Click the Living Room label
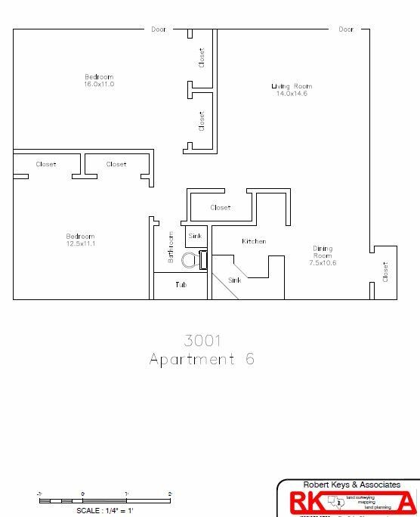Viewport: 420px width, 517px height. tap(292, 86)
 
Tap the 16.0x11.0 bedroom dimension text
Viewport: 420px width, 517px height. tap(98, 85)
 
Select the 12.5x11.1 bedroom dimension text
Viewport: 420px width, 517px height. tap(80, 244)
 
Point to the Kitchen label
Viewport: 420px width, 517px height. tap(254, 242)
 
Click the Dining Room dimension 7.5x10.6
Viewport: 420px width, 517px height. tap(323, 263)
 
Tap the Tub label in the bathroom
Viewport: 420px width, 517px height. tap(181, 285)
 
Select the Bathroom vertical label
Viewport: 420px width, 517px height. tap(171, 248)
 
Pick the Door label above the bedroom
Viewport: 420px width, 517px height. tap(158, 29)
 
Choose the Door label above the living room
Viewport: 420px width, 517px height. tap(346, 29)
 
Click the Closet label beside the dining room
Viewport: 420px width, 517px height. tap(385, 272)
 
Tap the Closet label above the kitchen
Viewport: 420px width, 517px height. tap(221, 208)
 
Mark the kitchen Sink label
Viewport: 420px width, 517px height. tap(236, 280)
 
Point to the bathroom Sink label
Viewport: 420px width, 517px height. tap(196, 236)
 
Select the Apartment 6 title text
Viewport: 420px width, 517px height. tap(201, 359)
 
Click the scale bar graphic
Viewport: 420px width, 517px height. tap(105, 500)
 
